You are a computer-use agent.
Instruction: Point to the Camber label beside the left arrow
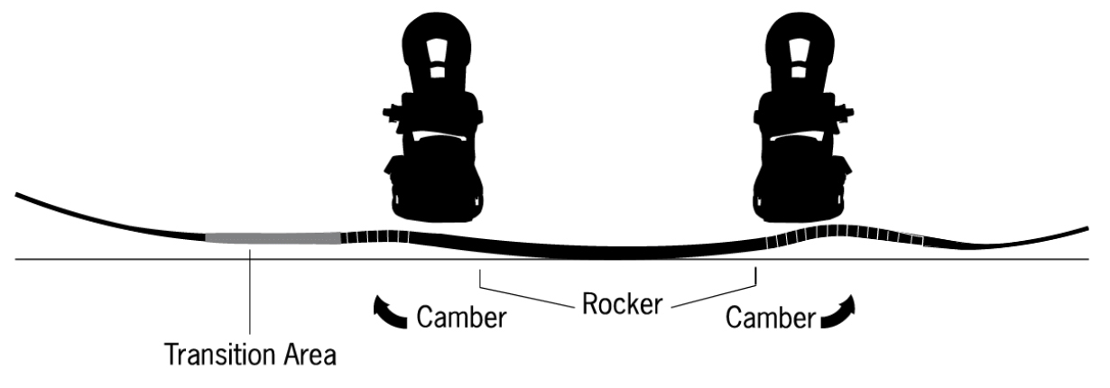pos(461,318)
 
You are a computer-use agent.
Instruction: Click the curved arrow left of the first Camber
pos(389,312)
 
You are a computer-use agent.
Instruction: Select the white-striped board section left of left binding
pos(370,238)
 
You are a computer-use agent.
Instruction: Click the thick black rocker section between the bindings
pos(587,252)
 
